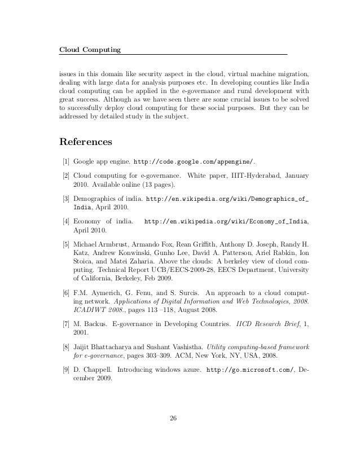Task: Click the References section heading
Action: tap(86, 140)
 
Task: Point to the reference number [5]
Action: tap(66, 243)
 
